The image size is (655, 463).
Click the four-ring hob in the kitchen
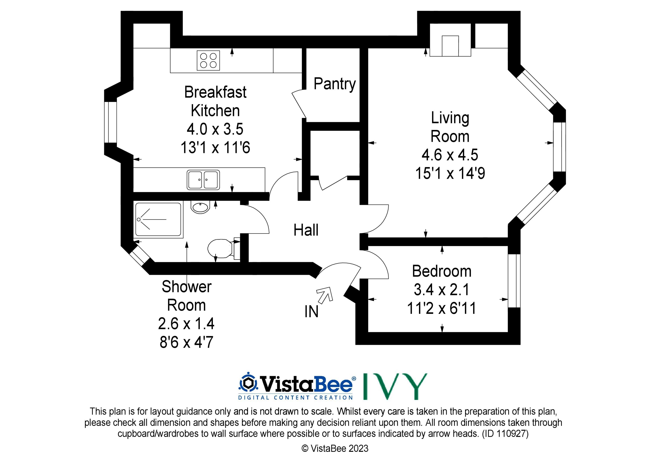pos(208,60)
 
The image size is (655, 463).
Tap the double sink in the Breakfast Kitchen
pos(203,180)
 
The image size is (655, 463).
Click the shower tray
pos(158,220)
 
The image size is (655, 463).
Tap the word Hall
pos(306,230)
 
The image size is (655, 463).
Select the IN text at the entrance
pos(311,312)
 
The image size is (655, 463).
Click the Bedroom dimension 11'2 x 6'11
pos(442,308)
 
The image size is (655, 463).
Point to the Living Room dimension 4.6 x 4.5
pos(450,155)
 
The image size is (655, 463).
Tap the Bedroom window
pos(514,281)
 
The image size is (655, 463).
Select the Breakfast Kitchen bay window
pos(110,122)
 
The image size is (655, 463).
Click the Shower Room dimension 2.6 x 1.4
pos(186,324)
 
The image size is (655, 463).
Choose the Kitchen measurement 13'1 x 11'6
pos(215,148)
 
